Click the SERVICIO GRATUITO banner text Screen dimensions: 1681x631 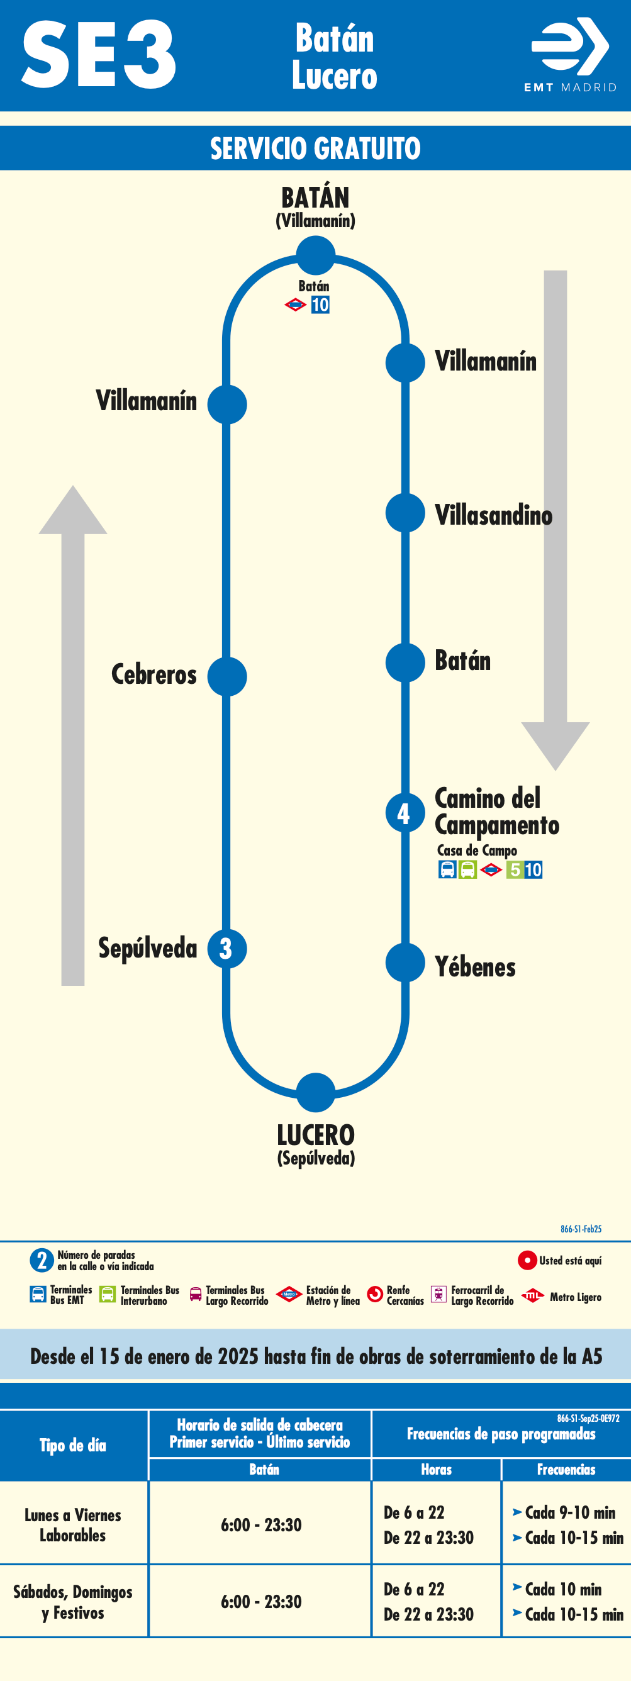coord(315,148)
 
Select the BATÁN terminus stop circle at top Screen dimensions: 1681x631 coord(316,255)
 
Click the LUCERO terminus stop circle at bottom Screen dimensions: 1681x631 coord(316,1092)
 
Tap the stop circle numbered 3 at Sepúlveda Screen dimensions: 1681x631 coord(226,949)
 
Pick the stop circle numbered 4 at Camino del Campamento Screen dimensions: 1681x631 coord(405,813)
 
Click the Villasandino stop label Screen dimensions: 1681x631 coord(493,515)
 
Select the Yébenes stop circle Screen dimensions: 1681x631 coord(405,963)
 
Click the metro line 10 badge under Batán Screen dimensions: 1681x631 coord(320,304)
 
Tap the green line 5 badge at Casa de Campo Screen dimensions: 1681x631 coord(515,870)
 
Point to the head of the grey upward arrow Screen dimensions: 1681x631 coord(72,513)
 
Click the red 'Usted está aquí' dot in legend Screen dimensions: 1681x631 coord(527,1260)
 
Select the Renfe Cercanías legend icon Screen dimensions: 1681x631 coord(375,1294)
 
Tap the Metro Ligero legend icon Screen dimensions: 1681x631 coord(532,1295)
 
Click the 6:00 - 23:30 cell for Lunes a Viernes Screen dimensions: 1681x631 coord(261,1525)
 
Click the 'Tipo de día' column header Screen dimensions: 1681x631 coord(73,1446)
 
